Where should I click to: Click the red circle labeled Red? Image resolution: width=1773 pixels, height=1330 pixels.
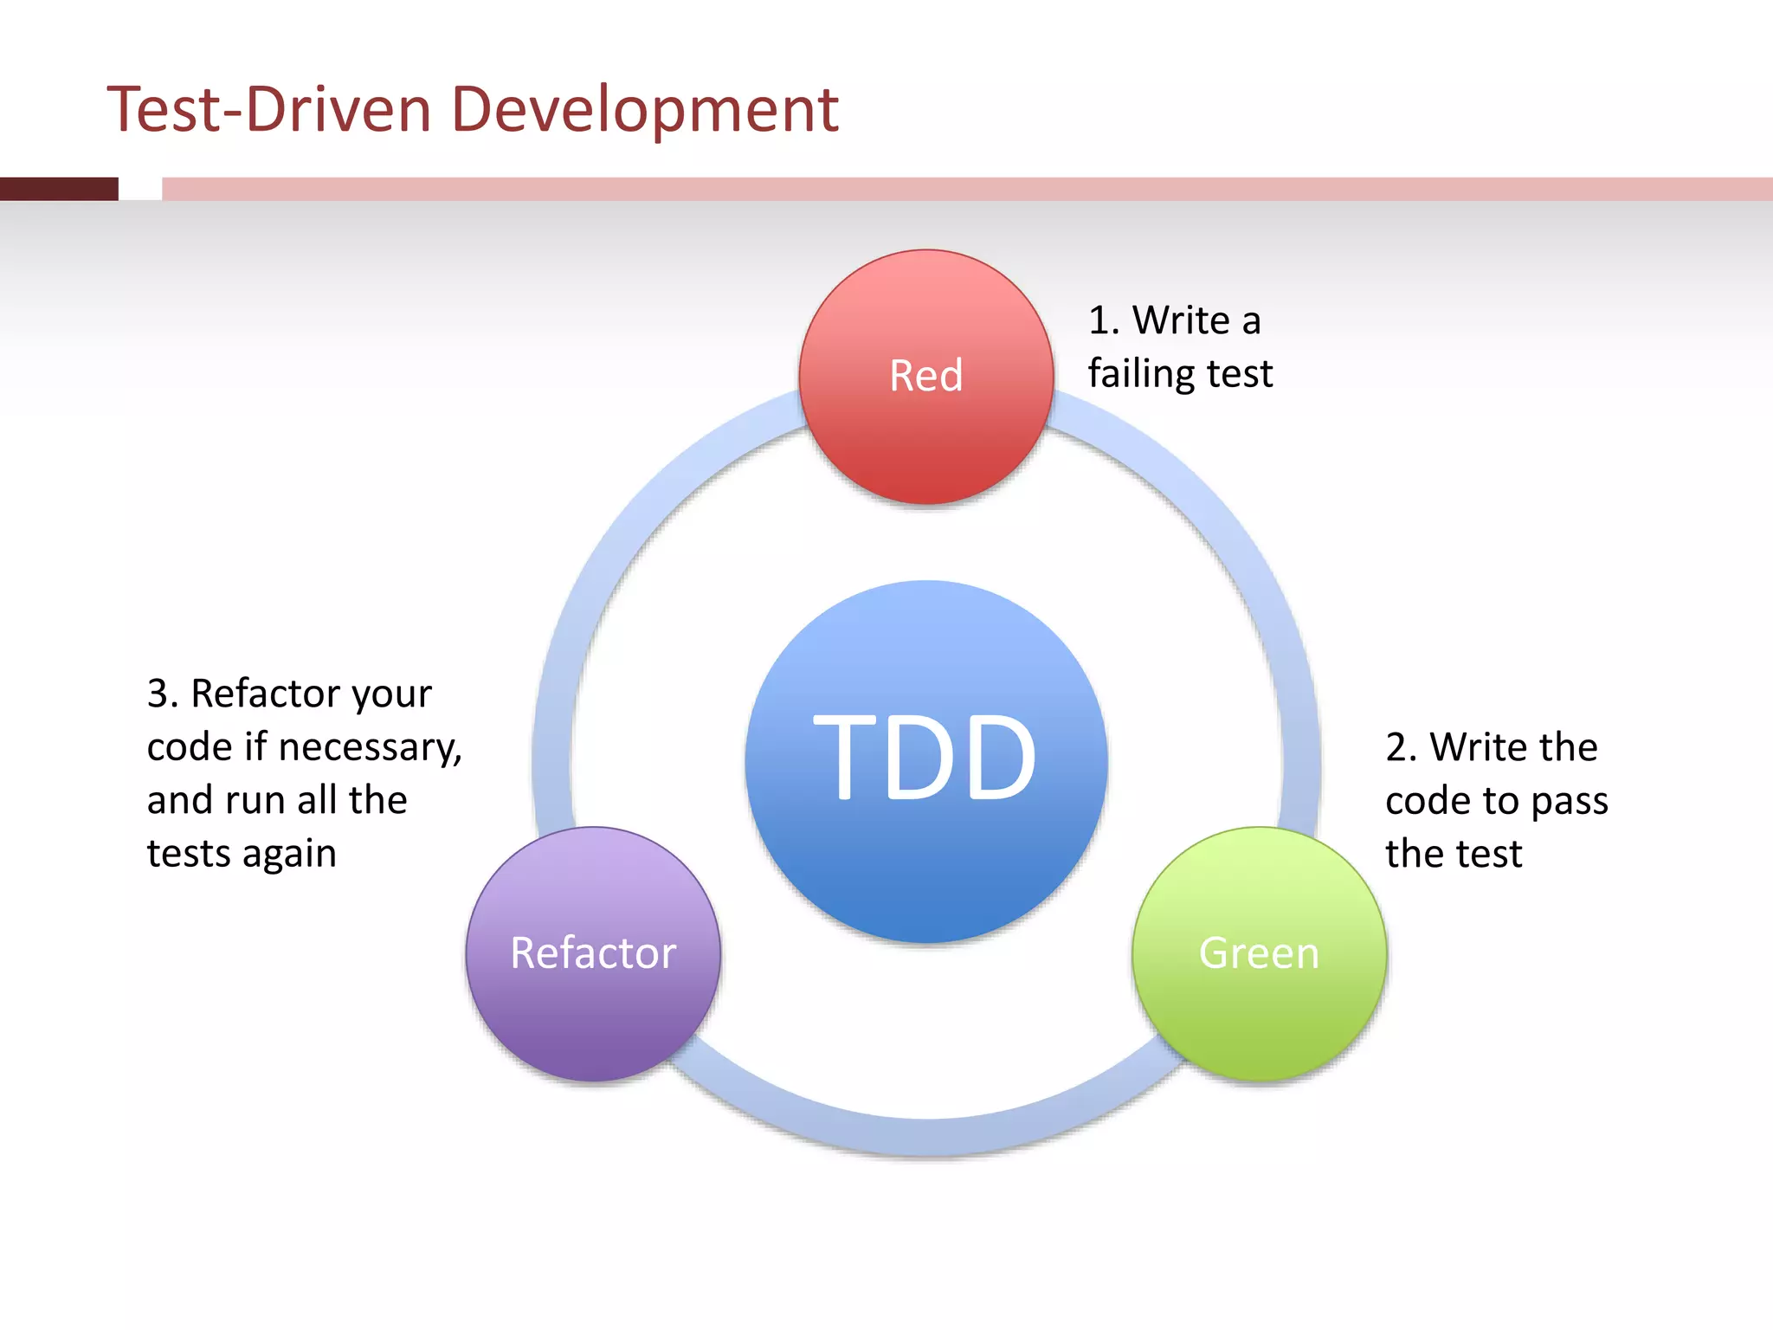tap(925, 377)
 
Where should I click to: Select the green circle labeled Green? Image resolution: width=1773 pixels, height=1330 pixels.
tap(1259, 953)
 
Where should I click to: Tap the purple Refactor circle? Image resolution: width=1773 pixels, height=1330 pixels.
tap(593, 953)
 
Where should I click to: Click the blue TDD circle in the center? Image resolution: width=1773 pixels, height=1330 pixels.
tap(925, 760)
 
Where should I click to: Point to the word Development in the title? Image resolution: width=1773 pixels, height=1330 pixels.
tap(644, 110)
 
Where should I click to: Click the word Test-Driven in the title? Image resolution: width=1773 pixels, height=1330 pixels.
tap(269, 110)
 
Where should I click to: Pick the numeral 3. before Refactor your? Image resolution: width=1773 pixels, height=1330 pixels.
tap(162, 694)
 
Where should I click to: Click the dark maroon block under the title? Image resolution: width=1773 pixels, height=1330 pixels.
tap(59, 189)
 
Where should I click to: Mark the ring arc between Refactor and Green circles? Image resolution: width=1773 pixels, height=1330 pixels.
tap(925, 1136)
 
